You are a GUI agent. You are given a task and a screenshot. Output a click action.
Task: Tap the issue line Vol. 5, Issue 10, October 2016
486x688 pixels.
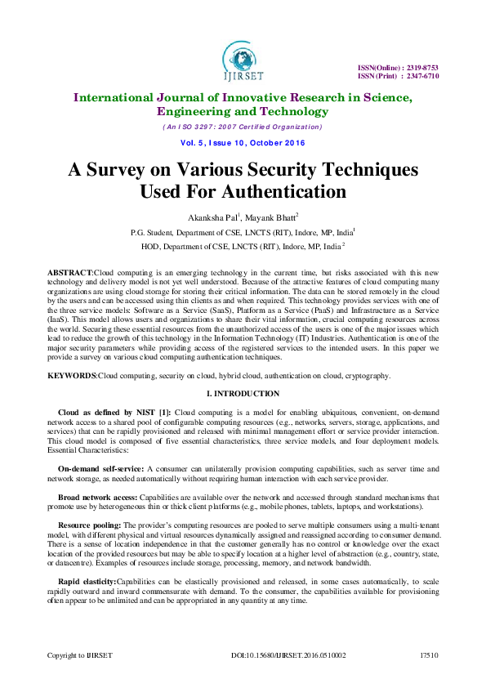[x=243, y=143]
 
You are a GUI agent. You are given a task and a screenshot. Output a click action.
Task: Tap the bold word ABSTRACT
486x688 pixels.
[x=71, y=270]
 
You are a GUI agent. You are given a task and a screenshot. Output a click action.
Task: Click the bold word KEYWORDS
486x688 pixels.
[x=73, y=376]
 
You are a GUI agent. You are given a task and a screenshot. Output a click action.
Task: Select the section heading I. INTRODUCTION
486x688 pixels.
[x=243, y=394]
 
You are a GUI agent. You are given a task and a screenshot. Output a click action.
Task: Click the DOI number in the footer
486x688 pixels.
[x=288, y=655]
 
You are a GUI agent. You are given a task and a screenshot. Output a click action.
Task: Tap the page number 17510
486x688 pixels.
[x=429, y=655]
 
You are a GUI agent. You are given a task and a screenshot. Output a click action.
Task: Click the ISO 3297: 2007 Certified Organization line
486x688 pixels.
[x=243, y=127]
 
